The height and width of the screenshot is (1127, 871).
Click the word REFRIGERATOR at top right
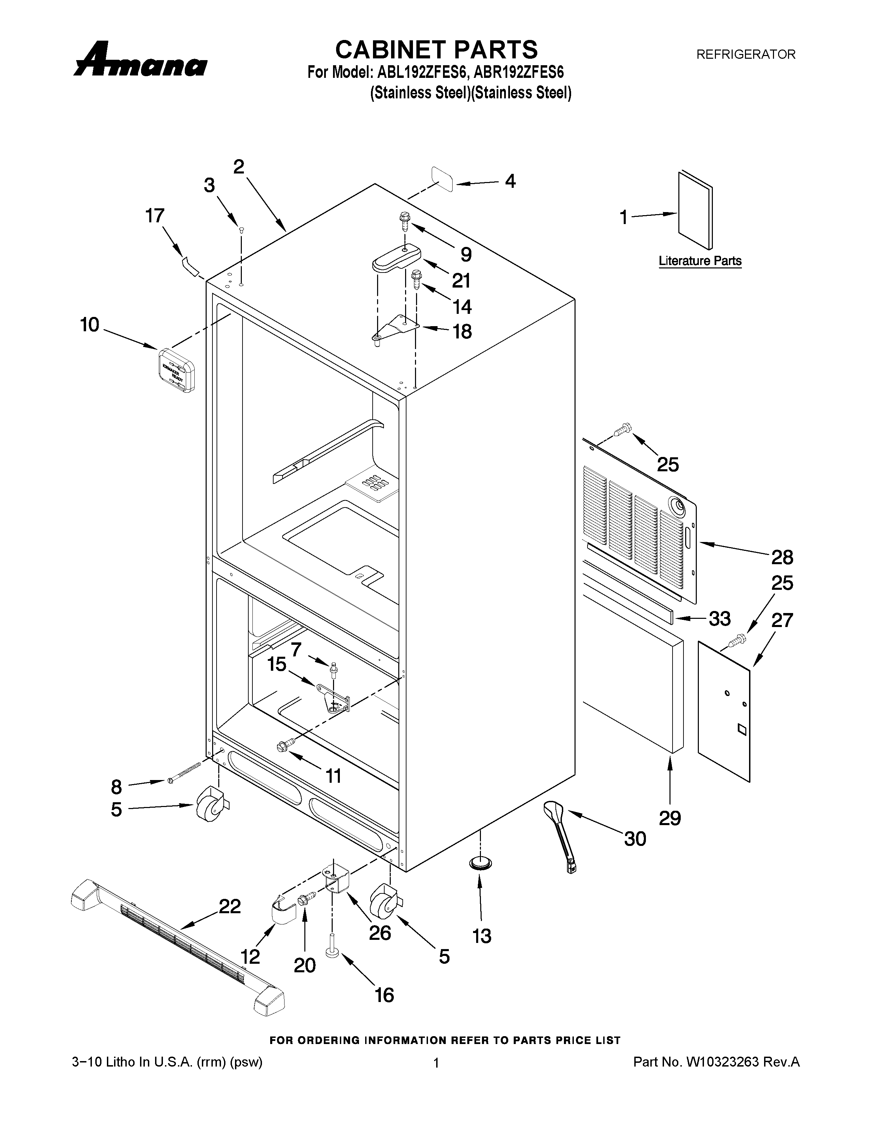click(x=746, y=54)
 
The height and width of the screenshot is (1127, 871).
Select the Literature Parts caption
click(x=700, y=261)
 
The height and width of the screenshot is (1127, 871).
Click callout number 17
click(x=155, y=216)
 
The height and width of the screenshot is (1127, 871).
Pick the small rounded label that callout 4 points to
click(x=443, y=179)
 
